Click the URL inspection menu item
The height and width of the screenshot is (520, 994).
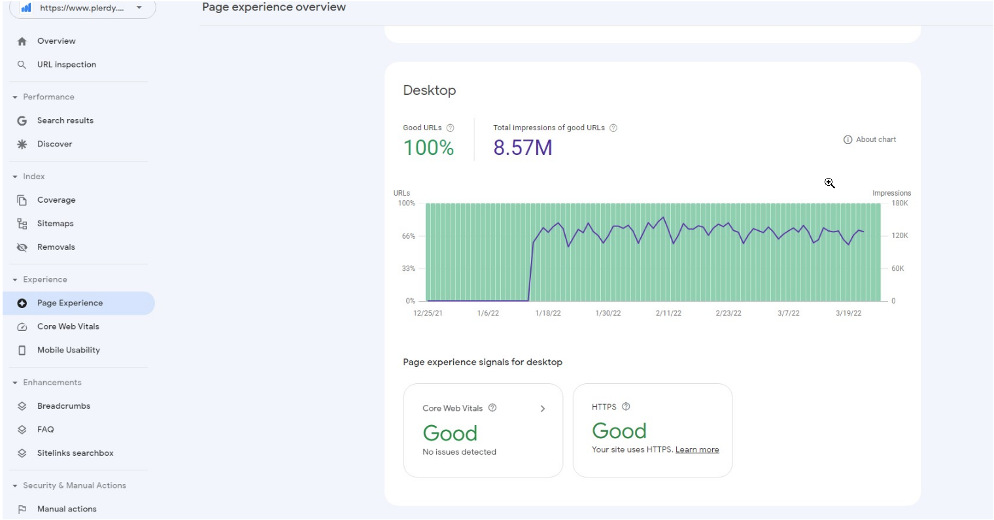(66, 65)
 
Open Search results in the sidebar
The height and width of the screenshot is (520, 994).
(65, 120)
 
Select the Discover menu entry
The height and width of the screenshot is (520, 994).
(54, 144)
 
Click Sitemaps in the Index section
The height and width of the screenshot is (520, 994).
(55, 224)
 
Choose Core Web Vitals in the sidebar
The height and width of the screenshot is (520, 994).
(68, 326)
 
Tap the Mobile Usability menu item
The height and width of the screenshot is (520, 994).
(68, 350)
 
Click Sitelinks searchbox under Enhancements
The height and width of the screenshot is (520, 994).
(75, 453)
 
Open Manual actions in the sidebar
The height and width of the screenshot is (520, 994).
(67, 509)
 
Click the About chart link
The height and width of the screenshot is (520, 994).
(870, 139)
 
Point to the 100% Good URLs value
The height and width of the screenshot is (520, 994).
(428, 148)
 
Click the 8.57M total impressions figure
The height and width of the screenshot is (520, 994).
(523, 148)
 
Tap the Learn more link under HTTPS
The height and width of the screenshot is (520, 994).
(697, 450)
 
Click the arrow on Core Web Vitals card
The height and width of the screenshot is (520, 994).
(542, 409)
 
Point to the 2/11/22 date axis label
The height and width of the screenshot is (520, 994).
(668, 313)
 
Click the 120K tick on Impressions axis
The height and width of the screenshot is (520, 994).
(899, 235)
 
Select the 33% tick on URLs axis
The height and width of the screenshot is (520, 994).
(408, 268)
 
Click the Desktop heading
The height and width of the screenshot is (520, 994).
(429, 90)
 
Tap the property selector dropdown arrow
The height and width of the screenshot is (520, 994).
(139, 8)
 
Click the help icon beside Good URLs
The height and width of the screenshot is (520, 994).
(450, 128)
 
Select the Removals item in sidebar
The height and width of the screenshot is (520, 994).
(56, 247)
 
